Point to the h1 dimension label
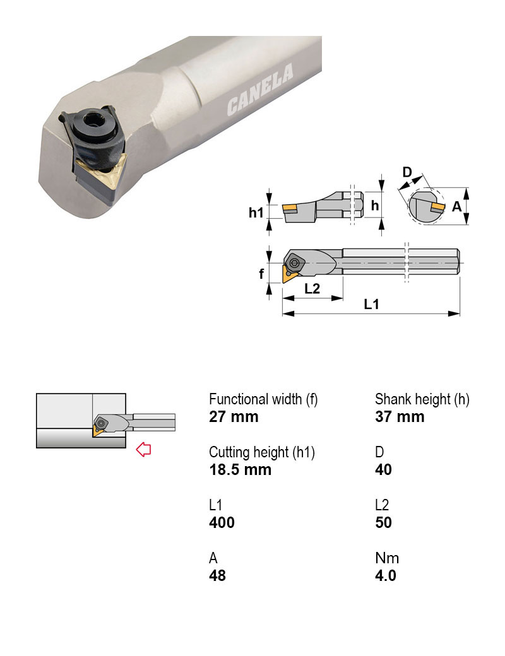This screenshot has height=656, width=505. click(x=255, y=213)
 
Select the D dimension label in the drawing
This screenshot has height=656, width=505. click(x=407, y=172)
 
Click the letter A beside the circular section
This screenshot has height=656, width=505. click(x=457, y=206)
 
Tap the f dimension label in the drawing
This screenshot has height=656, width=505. click(x=261, y=274)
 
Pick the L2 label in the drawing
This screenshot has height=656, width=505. click(x=312, y=289)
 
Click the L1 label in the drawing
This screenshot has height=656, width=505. click(x=372, y=304)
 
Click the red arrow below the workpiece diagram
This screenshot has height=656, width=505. click(x=144, y=450)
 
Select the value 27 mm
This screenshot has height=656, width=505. click(x=234, y=416)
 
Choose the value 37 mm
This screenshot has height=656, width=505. click(x=400, y=416)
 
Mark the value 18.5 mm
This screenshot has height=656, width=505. click(x=240, y=469)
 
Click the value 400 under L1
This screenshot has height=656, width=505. click(x=222, y=522)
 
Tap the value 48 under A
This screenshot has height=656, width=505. click(x=217, y=575)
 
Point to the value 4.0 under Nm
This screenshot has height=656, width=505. click(x=386, y=575)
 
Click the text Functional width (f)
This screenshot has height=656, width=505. click(x=263, y=399)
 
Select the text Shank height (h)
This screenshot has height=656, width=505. click(x=422, y=399)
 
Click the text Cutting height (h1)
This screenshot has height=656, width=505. click(x=262, y=452)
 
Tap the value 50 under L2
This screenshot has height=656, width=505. click(x=383, y=522)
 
